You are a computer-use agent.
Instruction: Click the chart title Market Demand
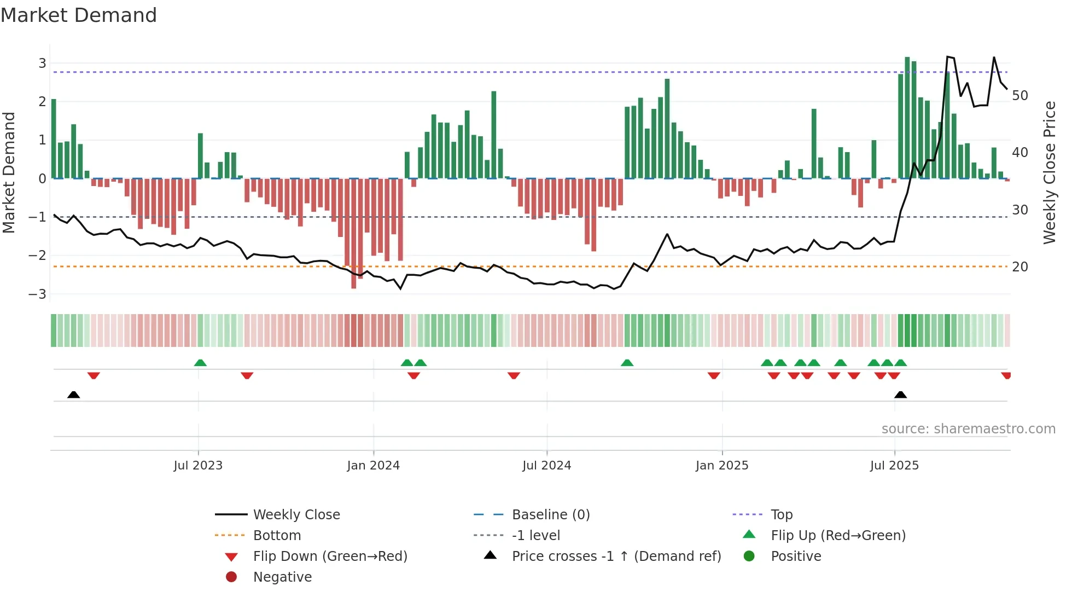coord(79,15)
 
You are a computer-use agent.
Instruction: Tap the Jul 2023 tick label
coord(198,466)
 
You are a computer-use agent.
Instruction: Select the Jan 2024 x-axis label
coord(374,466)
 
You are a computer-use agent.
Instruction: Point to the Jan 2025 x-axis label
coord(722,466)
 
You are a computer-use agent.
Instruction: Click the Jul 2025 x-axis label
coord(895,466)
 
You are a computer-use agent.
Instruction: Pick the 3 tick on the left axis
coord(42,63)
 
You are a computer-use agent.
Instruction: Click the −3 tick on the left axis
coord(38,294)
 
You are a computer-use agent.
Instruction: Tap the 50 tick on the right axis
coord(1020,96)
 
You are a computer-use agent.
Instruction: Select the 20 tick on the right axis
coord(1020,267)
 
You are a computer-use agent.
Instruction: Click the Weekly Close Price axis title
coord(1049,172)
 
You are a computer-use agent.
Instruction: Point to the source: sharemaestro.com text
coord(968,429)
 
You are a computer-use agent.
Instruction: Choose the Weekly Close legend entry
coord(296,515)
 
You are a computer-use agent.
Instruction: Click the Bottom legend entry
coord(277,536)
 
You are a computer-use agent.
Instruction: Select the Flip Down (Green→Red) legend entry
coord(330,556)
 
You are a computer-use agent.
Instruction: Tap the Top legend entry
coord(782,515)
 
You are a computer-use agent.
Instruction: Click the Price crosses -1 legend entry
coord(616,556)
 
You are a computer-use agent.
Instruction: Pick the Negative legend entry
coord(282,577)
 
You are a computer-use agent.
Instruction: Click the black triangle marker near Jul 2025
coord(900,395)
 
